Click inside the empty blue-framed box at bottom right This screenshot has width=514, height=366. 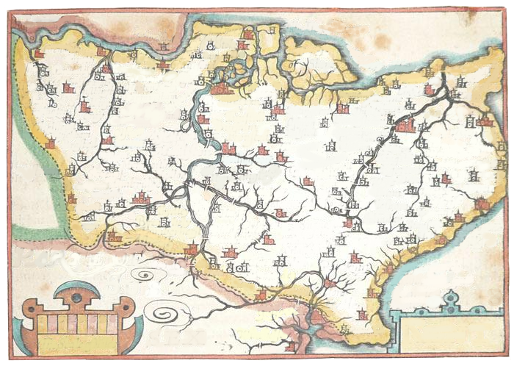448,334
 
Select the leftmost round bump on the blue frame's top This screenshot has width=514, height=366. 399,315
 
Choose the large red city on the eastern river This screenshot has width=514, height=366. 405,126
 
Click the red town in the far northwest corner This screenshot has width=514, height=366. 39,54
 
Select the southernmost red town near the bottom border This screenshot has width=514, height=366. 292,345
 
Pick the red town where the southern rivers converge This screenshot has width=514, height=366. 330,282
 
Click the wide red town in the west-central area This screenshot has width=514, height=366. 140,197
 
